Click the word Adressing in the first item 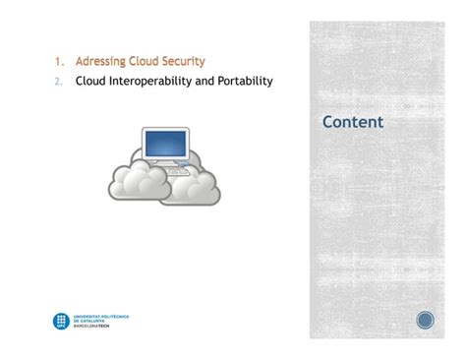(x=100, y=62)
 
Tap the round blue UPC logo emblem (x=60, y=321)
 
